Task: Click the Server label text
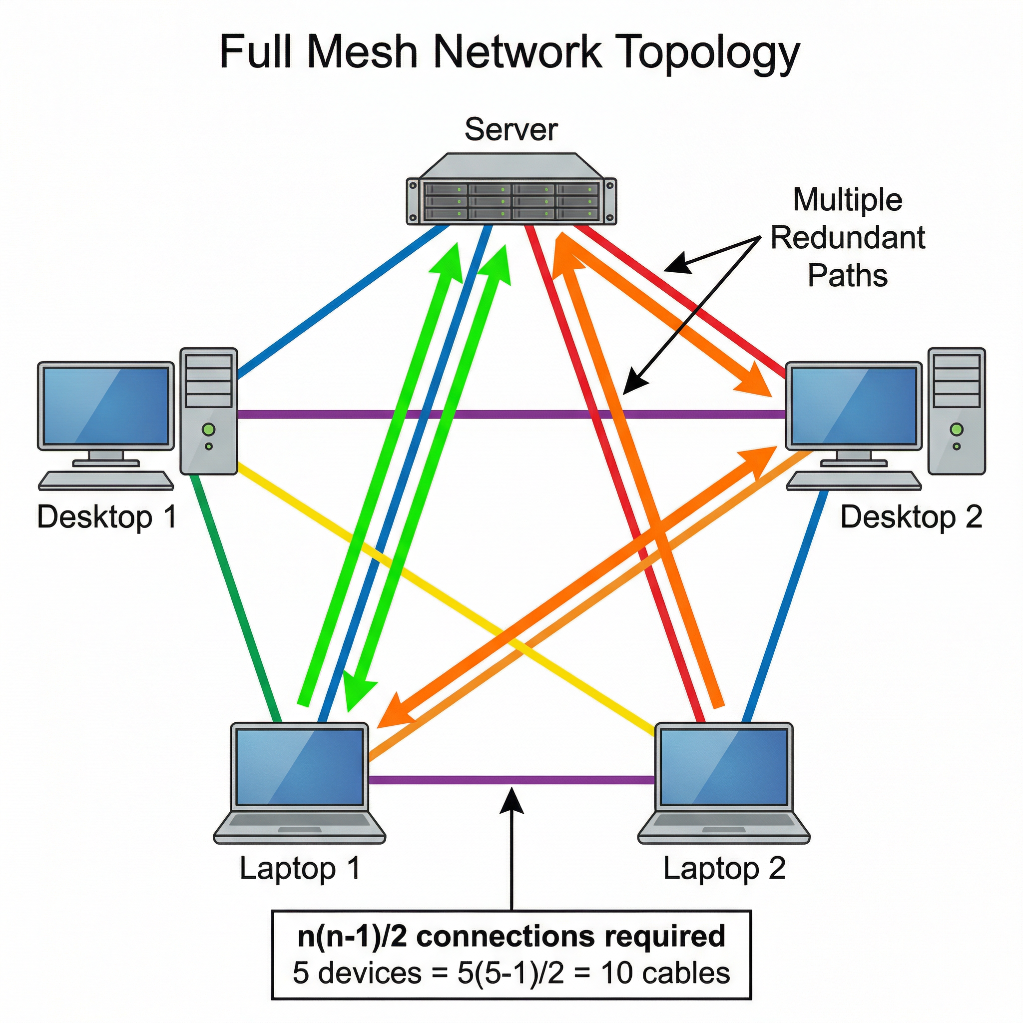pos(511,130)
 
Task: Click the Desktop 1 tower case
pos(208,411)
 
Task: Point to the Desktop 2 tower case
pos(956,411)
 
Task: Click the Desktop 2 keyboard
pos(853,480)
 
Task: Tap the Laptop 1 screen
pos(300,766)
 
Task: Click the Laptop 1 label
pos(300,869)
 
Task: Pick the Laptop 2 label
pos(724,869)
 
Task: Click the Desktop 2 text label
pos(911,517)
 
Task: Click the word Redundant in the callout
pos(847,238)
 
